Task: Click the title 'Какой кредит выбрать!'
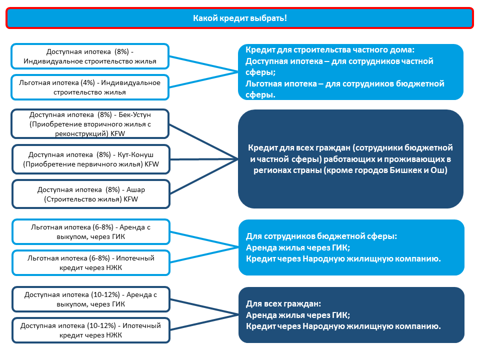point(239,18)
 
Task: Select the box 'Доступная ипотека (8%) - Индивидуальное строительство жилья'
point(90,56)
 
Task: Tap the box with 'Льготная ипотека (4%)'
point(90,87)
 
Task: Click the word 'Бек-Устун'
point(134,114)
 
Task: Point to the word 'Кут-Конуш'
point(135,154)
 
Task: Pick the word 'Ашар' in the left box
point(135,190)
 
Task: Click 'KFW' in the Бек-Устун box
point(118,133)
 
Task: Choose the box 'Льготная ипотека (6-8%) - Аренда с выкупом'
point(91,231)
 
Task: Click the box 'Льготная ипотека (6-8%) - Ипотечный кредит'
point(91,262)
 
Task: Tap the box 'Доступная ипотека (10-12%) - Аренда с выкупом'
point(91,299)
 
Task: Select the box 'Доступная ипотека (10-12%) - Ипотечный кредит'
point(91,330)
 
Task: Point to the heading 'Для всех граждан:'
point(283,303)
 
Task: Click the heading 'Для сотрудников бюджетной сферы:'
point(321,236)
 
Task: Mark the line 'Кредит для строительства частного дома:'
point(330,49)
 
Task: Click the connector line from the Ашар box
point(204,176)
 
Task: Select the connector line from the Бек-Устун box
point(203,141)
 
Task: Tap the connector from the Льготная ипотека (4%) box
point(203,79)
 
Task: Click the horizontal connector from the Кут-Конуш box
point(204,159)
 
